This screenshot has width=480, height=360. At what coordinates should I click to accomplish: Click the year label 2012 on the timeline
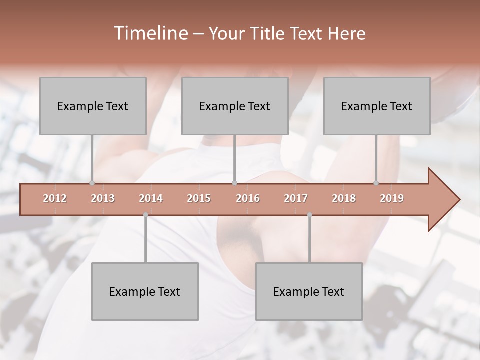[55, 198]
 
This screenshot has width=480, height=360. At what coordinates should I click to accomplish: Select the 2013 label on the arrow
[103, 198]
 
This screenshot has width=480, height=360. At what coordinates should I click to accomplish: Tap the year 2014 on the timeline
[151, 198]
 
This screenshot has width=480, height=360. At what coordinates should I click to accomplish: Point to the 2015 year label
[199, 198]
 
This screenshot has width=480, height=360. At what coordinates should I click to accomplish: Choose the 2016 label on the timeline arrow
[248, 198]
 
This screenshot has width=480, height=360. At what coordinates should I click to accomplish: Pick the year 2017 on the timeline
[296, 198]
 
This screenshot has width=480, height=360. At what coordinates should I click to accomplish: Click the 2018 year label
[344, 198]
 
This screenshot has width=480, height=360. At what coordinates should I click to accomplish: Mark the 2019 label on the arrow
[392, 198]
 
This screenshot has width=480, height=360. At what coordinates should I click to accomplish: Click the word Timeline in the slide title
[149, 33]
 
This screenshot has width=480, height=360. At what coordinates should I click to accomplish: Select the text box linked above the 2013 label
[93, 106]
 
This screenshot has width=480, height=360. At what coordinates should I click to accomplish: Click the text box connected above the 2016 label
[235, 106]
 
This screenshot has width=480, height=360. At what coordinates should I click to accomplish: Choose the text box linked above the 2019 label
[377, 106]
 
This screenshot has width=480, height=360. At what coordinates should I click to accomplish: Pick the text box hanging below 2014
[145, 291]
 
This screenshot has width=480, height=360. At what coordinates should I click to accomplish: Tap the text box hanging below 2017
[309, 291]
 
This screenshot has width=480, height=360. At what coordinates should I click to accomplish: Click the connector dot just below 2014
[145, 215]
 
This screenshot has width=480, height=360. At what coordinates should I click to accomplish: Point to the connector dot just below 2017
[309, 215]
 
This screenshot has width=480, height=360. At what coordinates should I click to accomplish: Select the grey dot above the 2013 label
[92, 183]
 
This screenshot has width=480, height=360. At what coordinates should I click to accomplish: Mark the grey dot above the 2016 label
[234, 183]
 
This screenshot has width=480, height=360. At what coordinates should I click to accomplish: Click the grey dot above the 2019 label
[376, 183]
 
